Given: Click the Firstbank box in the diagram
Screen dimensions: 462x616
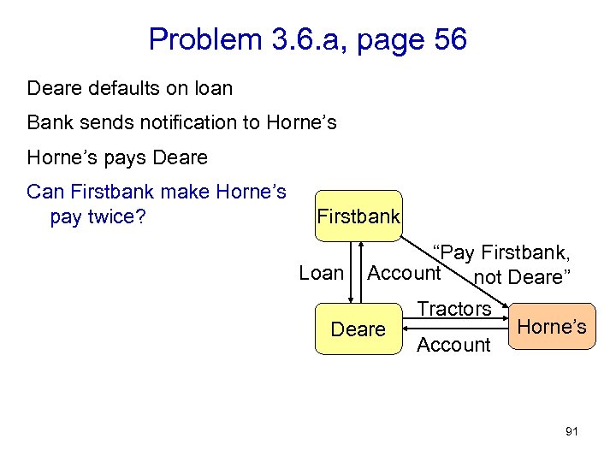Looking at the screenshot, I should click(358, 216).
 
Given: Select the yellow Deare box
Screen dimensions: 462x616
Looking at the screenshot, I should click(358, 329).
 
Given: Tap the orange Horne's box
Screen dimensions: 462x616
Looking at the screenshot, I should click(552, 326).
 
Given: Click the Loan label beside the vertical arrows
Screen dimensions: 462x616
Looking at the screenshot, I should click(321, 274).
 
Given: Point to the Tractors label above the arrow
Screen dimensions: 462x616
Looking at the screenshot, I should click(453, 308).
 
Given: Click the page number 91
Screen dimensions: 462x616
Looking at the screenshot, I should click(572, 431).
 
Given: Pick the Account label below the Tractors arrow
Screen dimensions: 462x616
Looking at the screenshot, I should click(453, 345).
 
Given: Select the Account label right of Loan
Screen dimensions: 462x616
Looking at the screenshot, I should click(404, 273).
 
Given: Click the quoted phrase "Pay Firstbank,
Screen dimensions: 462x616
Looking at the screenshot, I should click(501, 252).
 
